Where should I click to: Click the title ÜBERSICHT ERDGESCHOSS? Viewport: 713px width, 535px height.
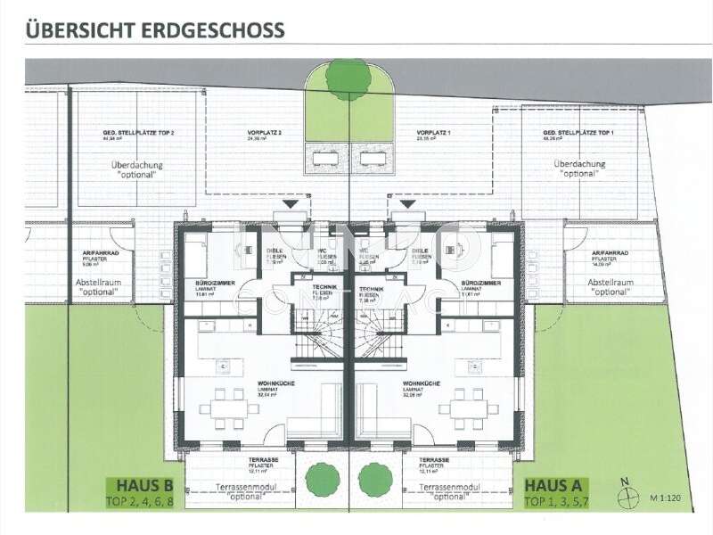coord(155,29)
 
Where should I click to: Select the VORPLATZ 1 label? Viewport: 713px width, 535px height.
coord(432,133)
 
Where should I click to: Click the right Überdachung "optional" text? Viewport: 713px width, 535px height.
coord(579,169)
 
